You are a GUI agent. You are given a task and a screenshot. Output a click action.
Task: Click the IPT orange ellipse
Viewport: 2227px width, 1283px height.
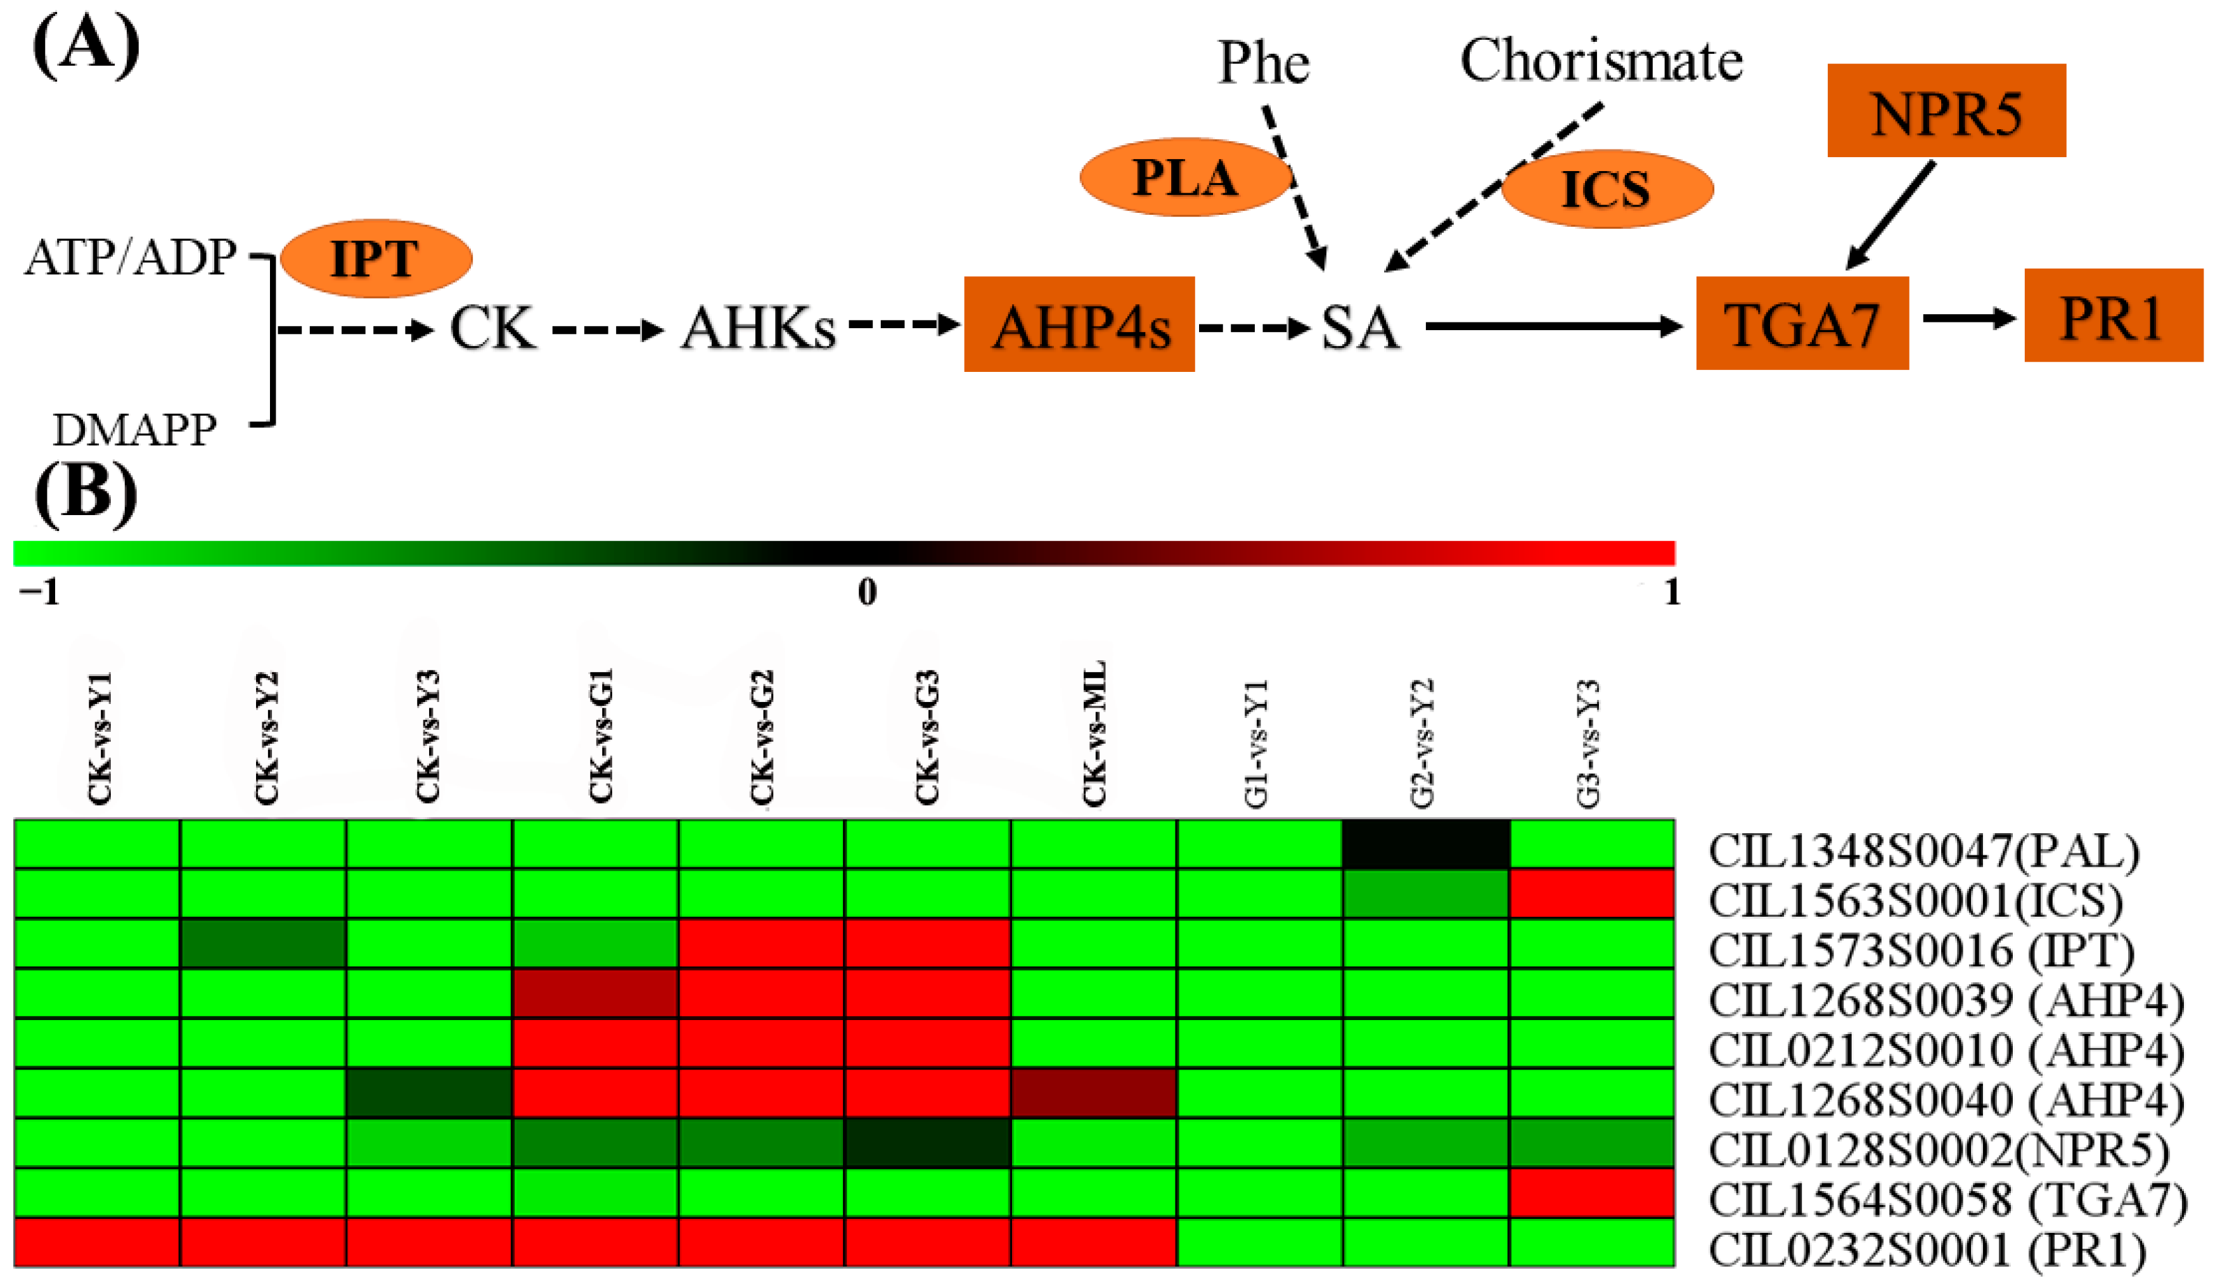[x=376, y=259]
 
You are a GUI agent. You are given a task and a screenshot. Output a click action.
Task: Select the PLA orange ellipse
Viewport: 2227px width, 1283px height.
[x=1185, y=177]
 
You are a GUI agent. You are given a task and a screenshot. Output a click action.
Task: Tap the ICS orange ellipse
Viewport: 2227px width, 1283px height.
[x=1607, y=189]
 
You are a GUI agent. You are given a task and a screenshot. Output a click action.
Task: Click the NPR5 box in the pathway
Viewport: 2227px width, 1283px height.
[x=1946, y=111]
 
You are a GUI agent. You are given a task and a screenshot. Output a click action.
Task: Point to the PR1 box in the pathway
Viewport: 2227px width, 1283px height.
[x=2112, y=316]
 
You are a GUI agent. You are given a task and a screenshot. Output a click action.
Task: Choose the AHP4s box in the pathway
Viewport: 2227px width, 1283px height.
[x=1079, y=324]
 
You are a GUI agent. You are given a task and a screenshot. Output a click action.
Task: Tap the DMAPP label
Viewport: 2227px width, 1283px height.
[x=134, y=430]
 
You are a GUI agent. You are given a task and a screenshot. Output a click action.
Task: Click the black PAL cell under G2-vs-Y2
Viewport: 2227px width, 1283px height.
[x=1426, y=844]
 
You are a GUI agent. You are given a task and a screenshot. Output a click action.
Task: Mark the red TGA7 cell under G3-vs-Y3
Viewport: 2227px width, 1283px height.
[x=1591, y=1193]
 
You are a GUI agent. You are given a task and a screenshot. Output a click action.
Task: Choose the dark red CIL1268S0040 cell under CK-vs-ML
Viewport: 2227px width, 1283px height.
[x=1093, y=1093]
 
